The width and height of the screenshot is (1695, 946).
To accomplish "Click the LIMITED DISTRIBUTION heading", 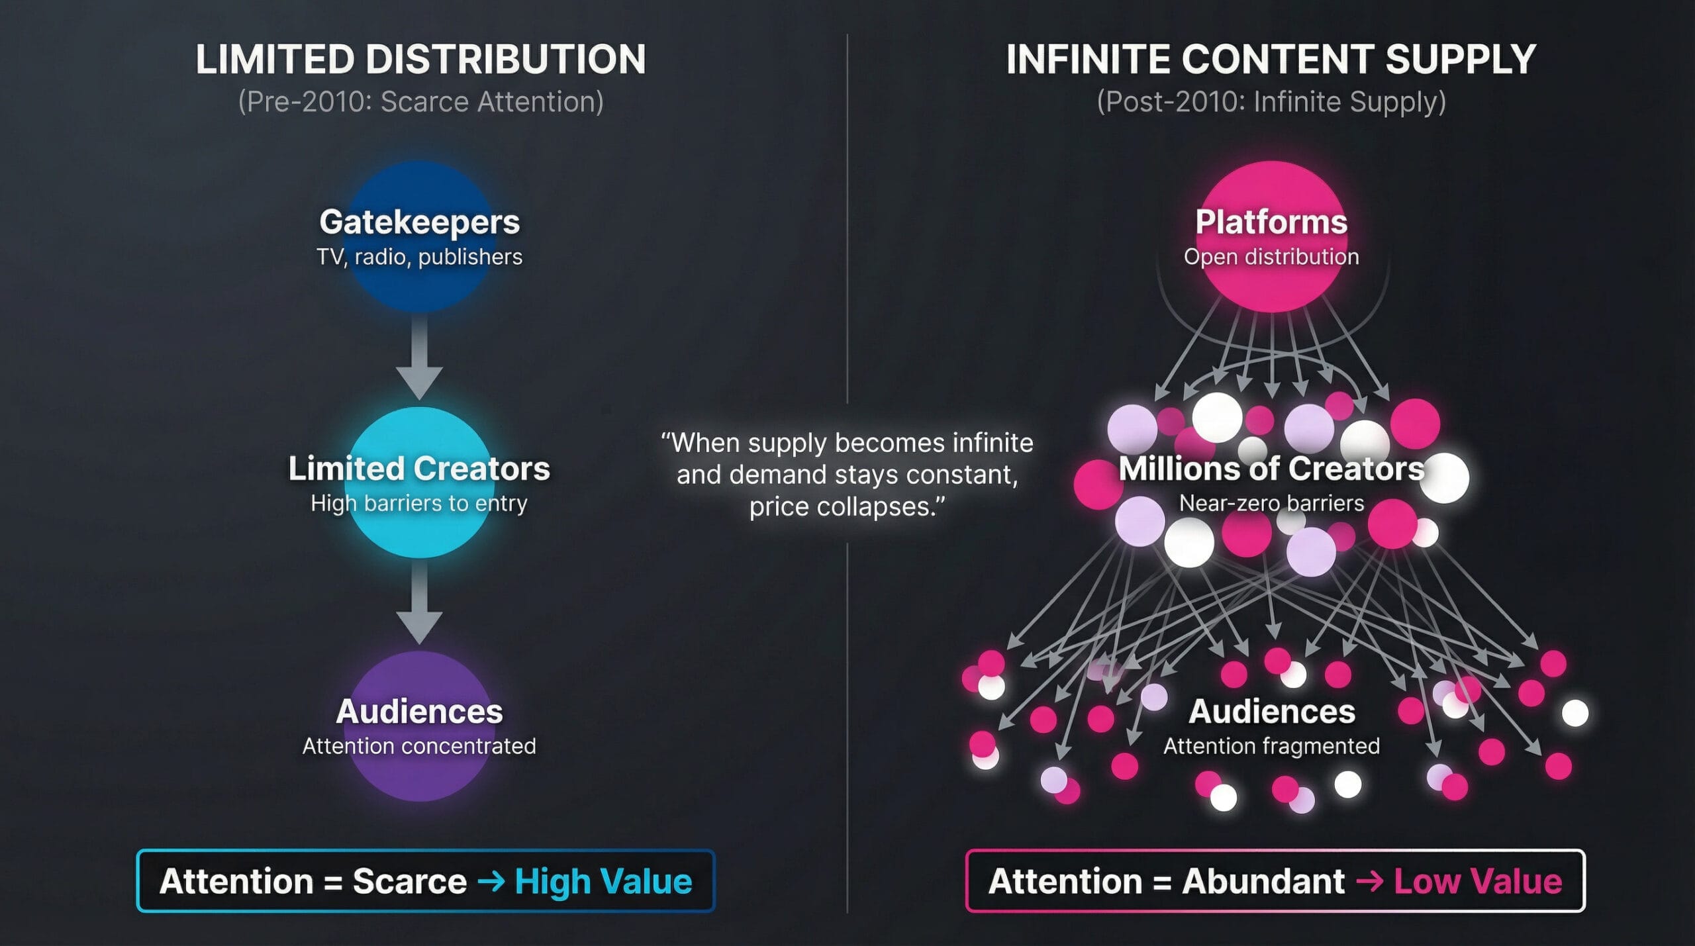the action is coord(420,60).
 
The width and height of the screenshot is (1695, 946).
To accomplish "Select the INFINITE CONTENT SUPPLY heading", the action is coord(1271,60).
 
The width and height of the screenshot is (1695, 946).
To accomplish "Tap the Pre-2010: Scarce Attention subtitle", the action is coord(421,102).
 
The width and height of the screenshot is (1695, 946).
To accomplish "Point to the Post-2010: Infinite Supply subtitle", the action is coord(1271,102).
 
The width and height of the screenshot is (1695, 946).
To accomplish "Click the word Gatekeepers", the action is coord(420,222).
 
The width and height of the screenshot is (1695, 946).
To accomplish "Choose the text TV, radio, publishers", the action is coord(420,257).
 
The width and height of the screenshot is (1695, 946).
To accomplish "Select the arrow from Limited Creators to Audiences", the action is coord(419,601).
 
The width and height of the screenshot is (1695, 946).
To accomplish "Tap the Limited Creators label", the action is coord(419,469).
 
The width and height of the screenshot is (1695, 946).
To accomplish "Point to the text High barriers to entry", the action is coord(419,504).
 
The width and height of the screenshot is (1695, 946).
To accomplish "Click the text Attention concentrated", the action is coord(419,747).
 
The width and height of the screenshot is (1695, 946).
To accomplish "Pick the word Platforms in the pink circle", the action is coord(1271,222).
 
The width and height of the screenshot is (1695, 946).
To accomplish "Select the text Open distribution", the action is coord(1271,257).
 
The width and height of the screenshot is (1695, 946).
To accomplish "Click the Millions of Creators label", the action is coord(1271,469).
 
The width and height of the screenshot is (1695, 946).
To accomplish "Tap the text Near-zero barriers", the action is coord(1271,503).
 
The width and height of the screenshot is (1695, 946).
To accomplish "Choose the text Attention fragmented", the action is coord(1271,747).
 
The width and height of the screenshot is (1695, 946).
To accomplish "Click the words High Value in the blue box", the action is coord(603,882).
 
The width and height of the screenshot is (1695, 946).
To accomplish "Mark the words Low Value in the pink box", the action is coord(1478,882).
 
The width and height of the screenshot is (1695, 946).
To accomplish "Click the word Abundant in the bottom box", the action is coord(1263,882).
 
